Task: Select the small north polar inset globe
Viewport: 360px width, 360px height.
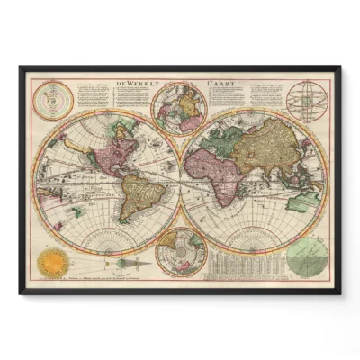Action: click(x=180, y=106)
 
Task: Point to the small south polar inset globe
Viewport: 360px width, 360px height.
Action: click(x=180, y=252)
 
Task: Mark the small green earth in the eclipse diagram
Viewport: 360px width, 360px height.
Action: click(x=121, y=263)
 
